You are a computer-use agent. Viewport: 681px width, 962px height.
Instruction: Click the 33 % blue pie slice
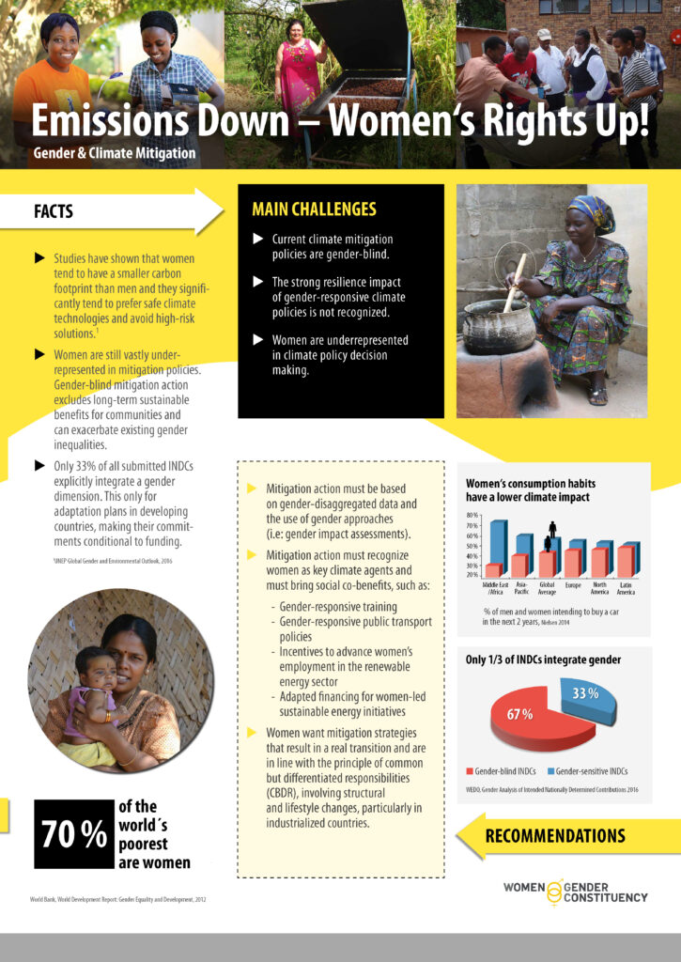[586, 700]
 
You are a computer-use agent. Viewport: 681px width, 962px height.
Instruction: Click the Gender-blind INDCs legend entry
[503, 770]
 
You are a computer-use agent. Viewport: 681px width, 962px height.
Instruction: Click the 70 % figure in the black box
[72, 834]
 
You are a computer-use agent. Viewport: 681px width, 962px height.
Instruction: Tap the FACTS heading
[54, 211]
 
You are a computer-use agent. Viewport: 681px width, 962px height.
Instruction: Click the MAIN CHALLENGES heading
[314, 209]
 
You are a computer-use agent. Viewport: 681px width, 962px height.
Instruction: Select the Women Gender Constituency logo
[575, 892]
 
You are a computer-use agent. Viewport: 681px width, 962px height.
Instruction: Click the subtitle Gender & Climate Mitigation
[114, 153]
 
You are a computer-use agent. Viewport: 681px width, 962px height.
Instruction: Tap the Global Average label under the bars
[548, 588]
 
